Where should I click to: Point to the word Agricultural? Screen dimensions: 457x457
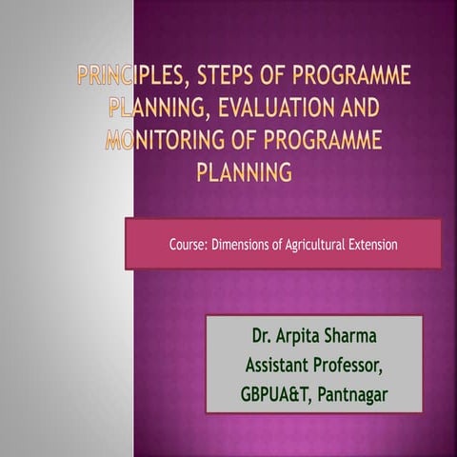(312, 245)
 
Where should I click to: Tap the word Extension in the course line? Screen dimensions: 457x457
(372, 245)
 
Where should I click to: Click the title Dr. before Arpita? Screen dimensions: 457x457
(263, 336)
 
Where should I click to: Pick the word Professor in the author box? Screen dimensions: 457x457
(351, 365)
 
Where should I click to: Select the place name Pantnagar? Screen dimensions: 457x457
(353, 393)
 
